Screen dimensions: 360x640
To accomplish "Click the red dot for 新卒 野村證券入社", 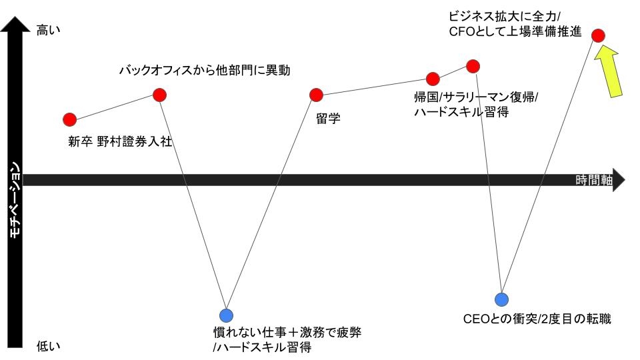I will (69, 119).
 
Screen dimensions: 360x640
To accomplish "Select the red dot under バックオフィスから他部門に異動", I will (159, 95).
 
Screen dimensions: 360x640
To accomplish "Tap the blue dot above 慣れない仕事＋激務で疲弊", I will (227, 315).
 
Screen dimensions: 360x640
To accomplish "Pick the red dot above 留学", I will (316, 95).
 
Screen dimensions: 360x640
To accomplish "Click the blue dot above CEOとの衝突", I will (501, 299).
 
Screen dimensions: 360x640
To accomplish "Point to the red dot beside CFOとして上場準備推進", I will (599, 35).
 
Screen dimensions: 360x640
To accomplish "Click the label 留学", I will (329, 119).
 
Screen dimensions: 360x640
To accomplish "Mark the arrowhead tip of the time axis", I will (623, 180).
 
